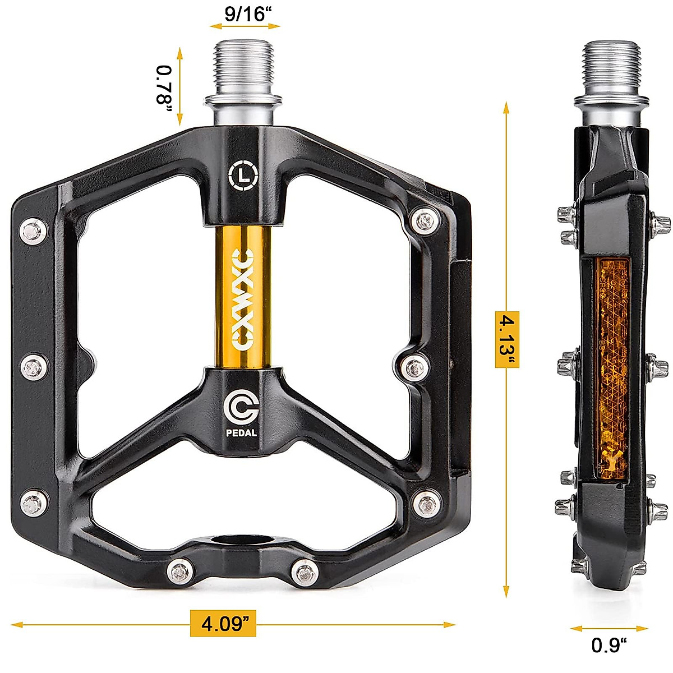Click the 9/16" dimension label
click(x=245, y=13)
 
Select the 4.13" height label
click(x=506, y=339)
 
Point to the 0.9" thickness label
click(x=609, y=645)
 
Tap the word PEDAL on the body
click(x=242, y=432)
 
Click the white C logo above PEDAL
click(x=241, y=408)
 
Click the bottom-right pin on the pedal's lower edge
click(x=305, y=571)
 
